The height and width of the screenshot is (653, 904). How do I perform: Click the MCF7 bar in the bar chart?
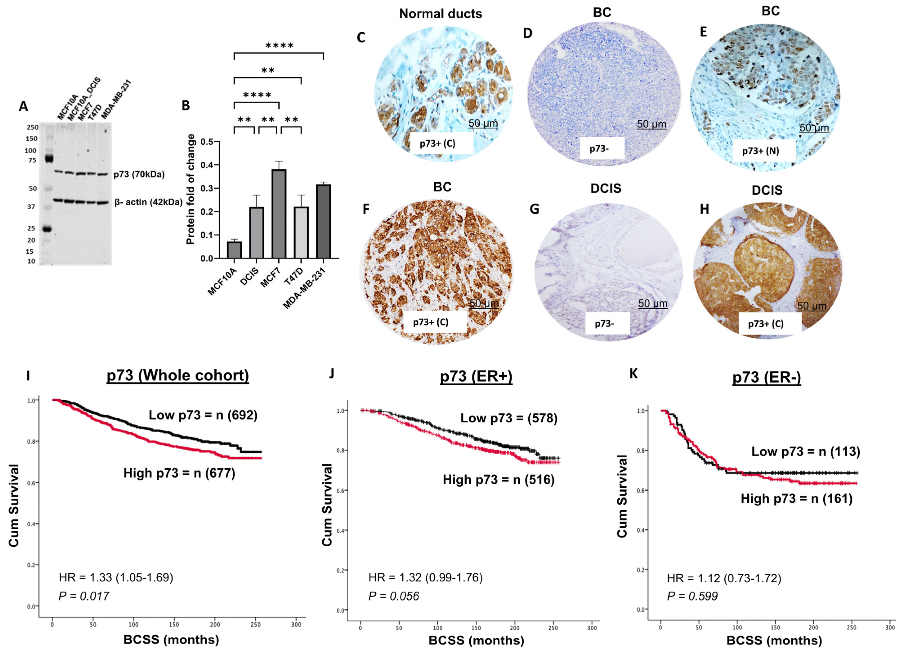pos(279,214)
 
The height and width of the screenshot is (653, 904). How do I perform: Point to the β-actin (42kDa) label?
pos(148,202)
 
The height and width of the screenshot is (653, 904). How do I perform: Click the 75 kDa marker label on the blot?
pos(32,160)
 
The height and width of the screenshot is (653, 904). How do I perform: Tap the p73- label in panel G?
pos(604,323)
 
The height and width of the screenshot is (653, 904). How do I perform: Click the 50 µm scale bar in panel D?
pos(651,124)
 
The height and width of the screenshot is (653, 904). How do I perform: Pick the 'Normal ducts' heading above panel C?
pos(441,14)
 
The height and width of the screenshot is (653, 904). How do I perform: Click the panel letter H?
pos(704,209)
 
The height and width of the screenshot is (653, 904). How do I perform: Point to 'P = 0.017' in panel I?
pos(84,596)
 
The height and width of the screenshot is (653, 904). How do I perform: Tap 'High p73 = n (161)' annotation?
pos(796,499)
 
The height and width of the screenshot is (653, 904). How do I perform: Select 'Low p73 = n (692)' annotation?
pos(203,415)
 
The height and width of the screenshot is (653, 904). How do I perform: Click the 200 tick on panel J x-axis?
pos(514,628)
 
